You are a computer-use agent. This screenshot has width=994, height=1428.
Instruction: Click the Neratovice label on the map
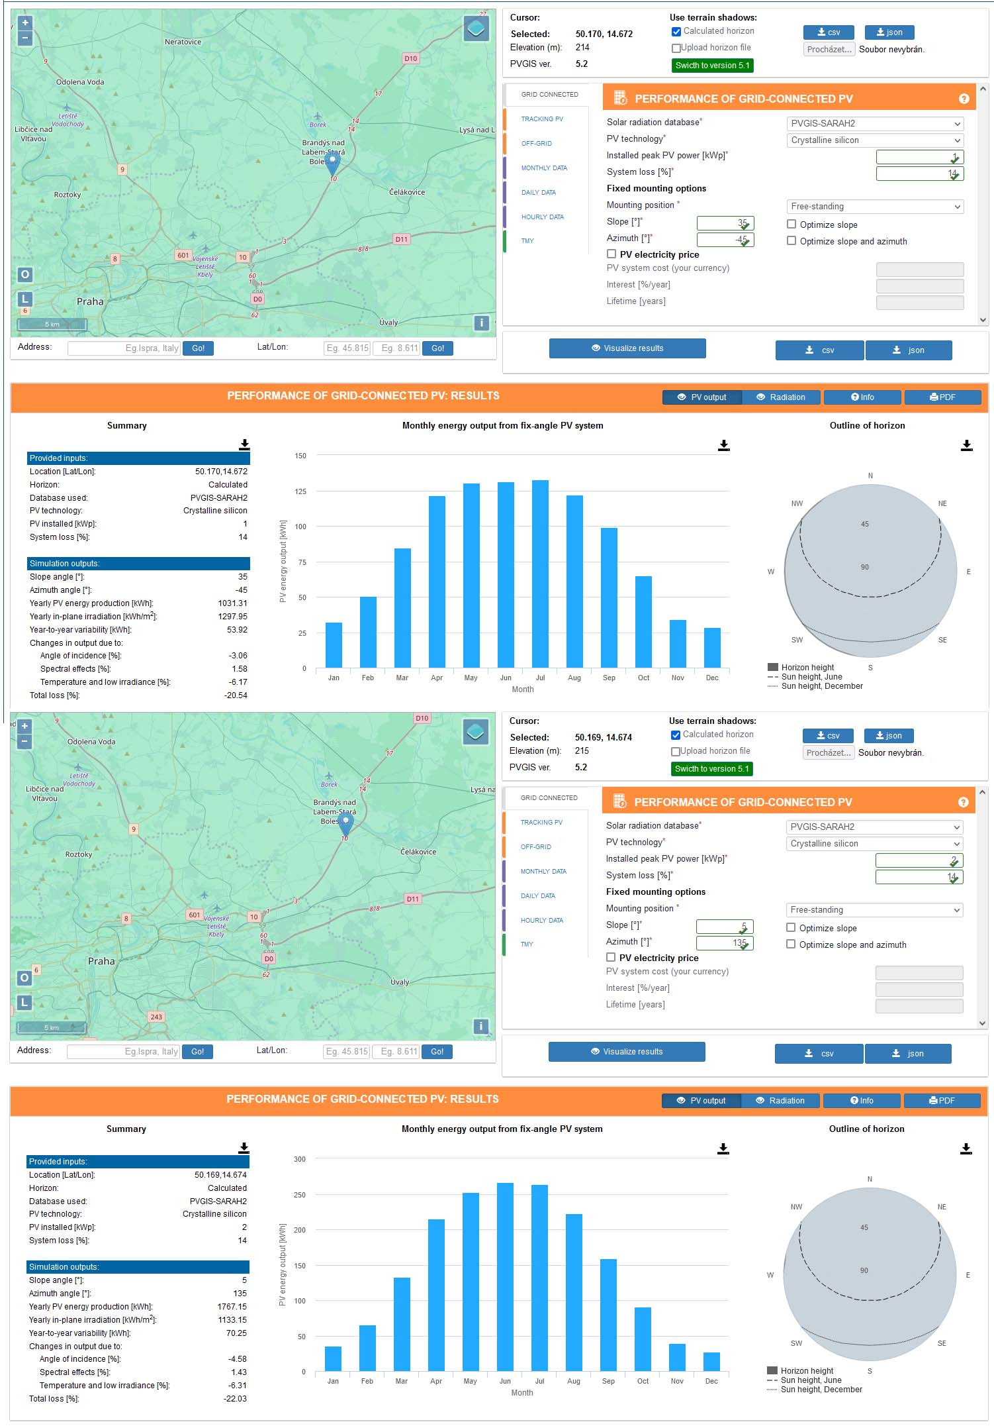point(183,42)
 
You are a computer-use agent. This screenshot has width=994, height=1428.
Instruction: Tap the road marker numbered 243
point(156,1017)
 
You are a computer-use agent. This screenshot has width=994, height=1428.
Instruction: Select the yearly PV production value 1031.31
point(232,603)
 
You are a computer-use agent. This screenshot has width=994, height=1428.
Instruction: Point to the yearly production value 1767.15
point(232,1307)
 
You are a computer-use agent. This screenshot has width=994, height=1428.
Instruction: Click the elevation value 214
point(582,48)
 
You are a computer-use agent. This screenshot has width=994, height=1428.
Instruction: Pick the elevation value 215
point(582,751)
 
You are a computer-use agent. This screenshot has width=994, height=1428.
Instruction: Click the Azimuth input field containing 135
point(724,943)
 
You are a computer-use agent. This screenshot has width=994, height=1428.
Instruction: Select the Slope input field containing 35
point(725,223)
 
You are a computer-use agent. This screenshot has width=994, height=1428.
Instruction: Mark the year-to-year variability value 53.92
point(237,630)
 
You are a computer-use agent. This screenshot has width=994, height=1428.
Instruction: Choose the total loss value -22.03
point(235,1399)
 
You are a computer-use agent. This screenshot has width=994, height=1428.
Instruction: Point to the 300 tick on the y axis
point(300,1160)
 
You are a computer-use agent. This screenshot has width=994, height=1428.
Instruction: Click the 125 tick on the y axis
point(300,491)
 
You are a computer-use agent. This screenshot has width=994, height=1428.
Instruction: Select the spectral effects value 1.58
point(239,669)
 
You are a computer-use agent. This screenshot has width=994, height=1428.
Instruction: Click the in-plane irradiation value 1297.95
point(232,617)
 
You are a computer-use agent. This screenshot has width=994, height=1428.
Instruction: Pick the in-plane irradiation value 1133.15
point(232,1320)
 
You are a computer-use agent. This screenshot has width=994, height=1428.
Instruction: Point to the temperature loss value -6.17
point(238,682)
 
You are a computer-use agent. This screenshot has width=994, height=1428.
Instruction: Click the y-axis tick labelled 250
point(300,1196)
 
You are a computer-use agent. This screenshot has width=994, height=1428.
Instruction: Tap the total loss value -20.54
point(236,695)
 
